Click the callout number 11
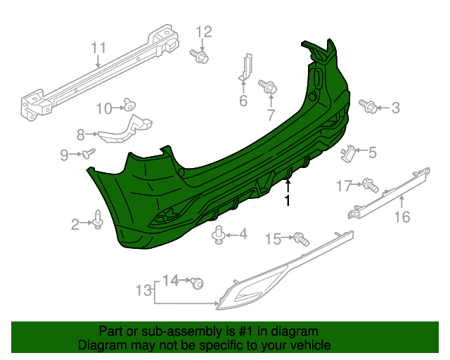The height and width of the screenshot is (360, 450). point(98,48)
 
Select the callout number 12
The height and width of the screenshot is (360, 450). point(203,31)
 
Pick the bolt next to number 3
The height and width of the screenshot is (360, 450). point(366,105)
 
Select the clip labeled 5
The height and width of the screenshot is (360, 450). point(348,151)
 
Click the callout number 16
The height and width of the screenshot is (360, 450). point(401,217)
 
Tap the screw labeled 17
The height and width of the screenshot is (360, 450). point(371,186)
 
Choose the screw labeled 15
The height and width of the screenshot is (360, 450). point(301,238)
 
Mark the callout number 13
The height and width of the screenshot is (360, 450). point(143,290)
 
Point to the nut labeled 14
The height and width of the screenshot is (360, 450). point(197,283)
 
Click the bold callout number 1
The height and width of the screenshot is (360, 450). point(287,201)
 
